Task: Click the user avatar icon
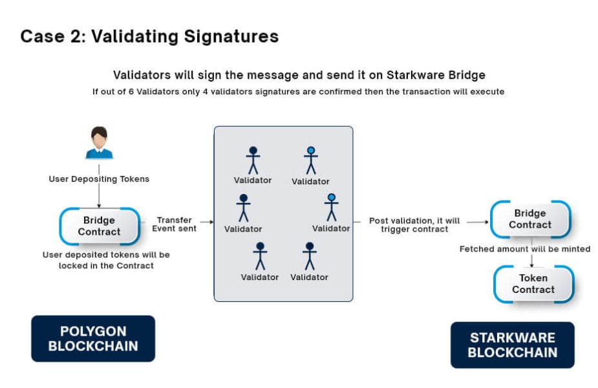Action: [99, 143]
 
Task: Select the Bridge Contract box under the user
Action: [100, 226]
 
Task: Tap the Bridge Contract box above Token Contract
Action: [530, 219]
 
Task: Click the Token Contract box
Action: [533, 284]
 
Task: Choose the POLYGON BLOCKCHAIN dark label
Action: [93, 338]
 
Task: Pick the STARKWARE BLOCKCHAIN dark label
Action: [512, 345]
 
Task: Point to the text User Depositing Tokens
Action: [99, 178]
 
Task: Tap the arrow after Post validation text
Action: [476, 222]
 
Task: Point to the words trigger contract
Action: [414, 230]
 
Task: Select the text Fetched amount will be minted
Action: [524, 249]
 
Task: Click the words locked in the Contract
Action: [106, 266]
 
